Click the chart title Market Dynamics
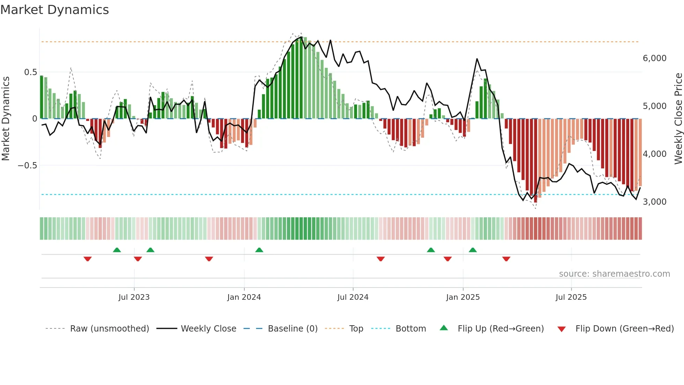(x=54, y=10)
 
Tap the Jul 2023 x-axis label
(x=134, y=297)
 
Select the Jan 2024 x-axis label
(x=244, y=297)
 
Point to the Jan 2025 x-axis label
(x=463, y=297)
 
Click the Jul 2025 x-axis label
(x=571, y=297)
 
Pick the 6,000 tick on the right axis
(x=654, y=58)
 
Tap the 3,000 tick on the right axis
(x=654, y=202)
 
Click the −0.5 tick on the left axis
(x=28, y=165)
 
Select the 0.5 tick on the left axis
(x=30, y=72)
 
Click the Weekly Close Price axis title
(x=678, y=118)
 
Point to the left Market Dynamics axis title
(x=6, y=118)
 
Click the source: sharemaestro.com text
(x=614, y=274)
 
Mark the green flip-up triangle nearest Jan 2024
(x=259, y=250)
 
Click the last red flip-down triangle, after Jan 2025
(x=506, y=259)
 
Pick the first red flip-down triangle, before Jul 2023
(x=88, y=259)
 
